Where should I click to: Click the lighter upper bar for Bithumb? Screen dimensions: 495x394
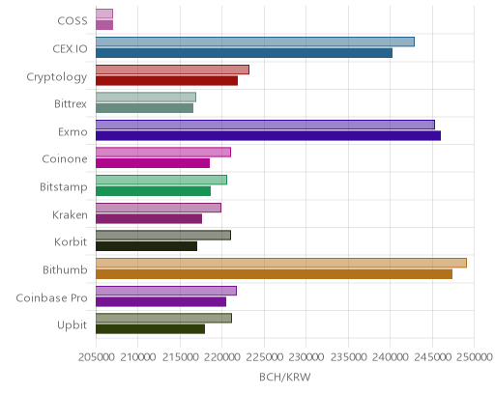pos(281,263)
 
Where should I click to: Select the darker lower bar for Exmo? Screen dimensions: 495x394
pos(268,136)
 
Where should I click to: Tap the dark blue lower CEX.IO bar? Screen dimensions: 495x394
pos(244,53)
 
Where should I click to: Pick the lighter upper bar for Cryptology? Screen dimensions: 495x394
pos(172,70)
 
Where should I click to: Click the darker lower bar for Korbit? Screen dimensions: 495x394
pos(146,246)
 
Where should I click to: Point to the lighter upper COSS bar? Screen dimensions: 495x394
pos(104,14)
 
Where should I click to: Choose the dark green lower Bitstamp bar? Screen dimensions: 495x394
pos(153,191)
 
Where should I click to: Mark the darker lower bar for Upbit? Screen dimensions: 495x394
pos(150,329)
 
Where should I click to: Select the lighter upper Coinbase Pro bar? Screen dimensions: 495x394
pos(166,291)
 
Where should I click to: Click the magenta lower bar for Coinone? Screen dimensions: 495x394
pos(153,163)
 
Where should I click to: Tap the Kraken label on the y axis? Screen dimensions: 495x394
pos(70,214)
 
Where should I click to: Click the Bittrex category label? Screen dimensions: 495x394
pos(71,104)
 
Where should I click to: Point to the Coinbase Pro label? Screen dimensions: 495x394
pos(51,298)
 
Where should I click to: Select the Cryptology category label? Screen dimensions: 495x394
pos(57,77)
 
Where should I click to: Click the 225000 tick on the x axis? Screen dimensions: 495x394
pos(264,357)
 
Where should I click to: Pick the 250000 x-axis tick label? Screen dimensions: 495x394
pos(475,357)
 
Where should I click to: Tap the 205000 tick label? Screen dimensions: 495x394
pos(96,357)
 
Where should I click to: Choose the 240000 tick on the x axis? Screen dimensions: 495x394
pos(391,357)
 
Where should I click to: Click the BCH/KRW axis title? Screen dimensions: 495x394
pos(285,377)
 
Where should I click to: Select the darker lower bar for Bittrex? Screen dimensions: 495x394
pos(144,108)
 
